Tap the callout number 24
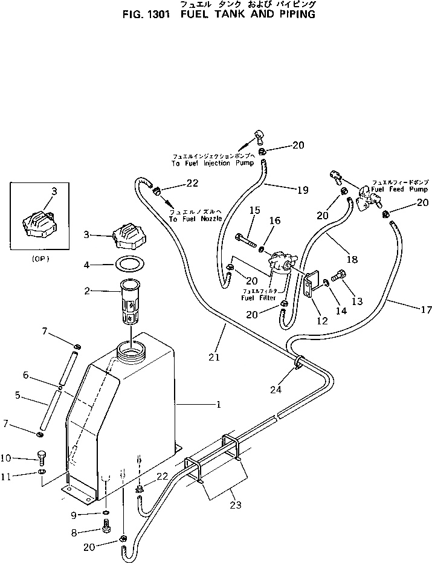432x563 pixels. [x=276, y=390]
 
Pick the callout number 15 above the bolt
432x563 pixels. [x=254, y=210]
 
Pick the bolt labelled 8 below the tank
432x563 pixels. [x=106, y=529]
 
